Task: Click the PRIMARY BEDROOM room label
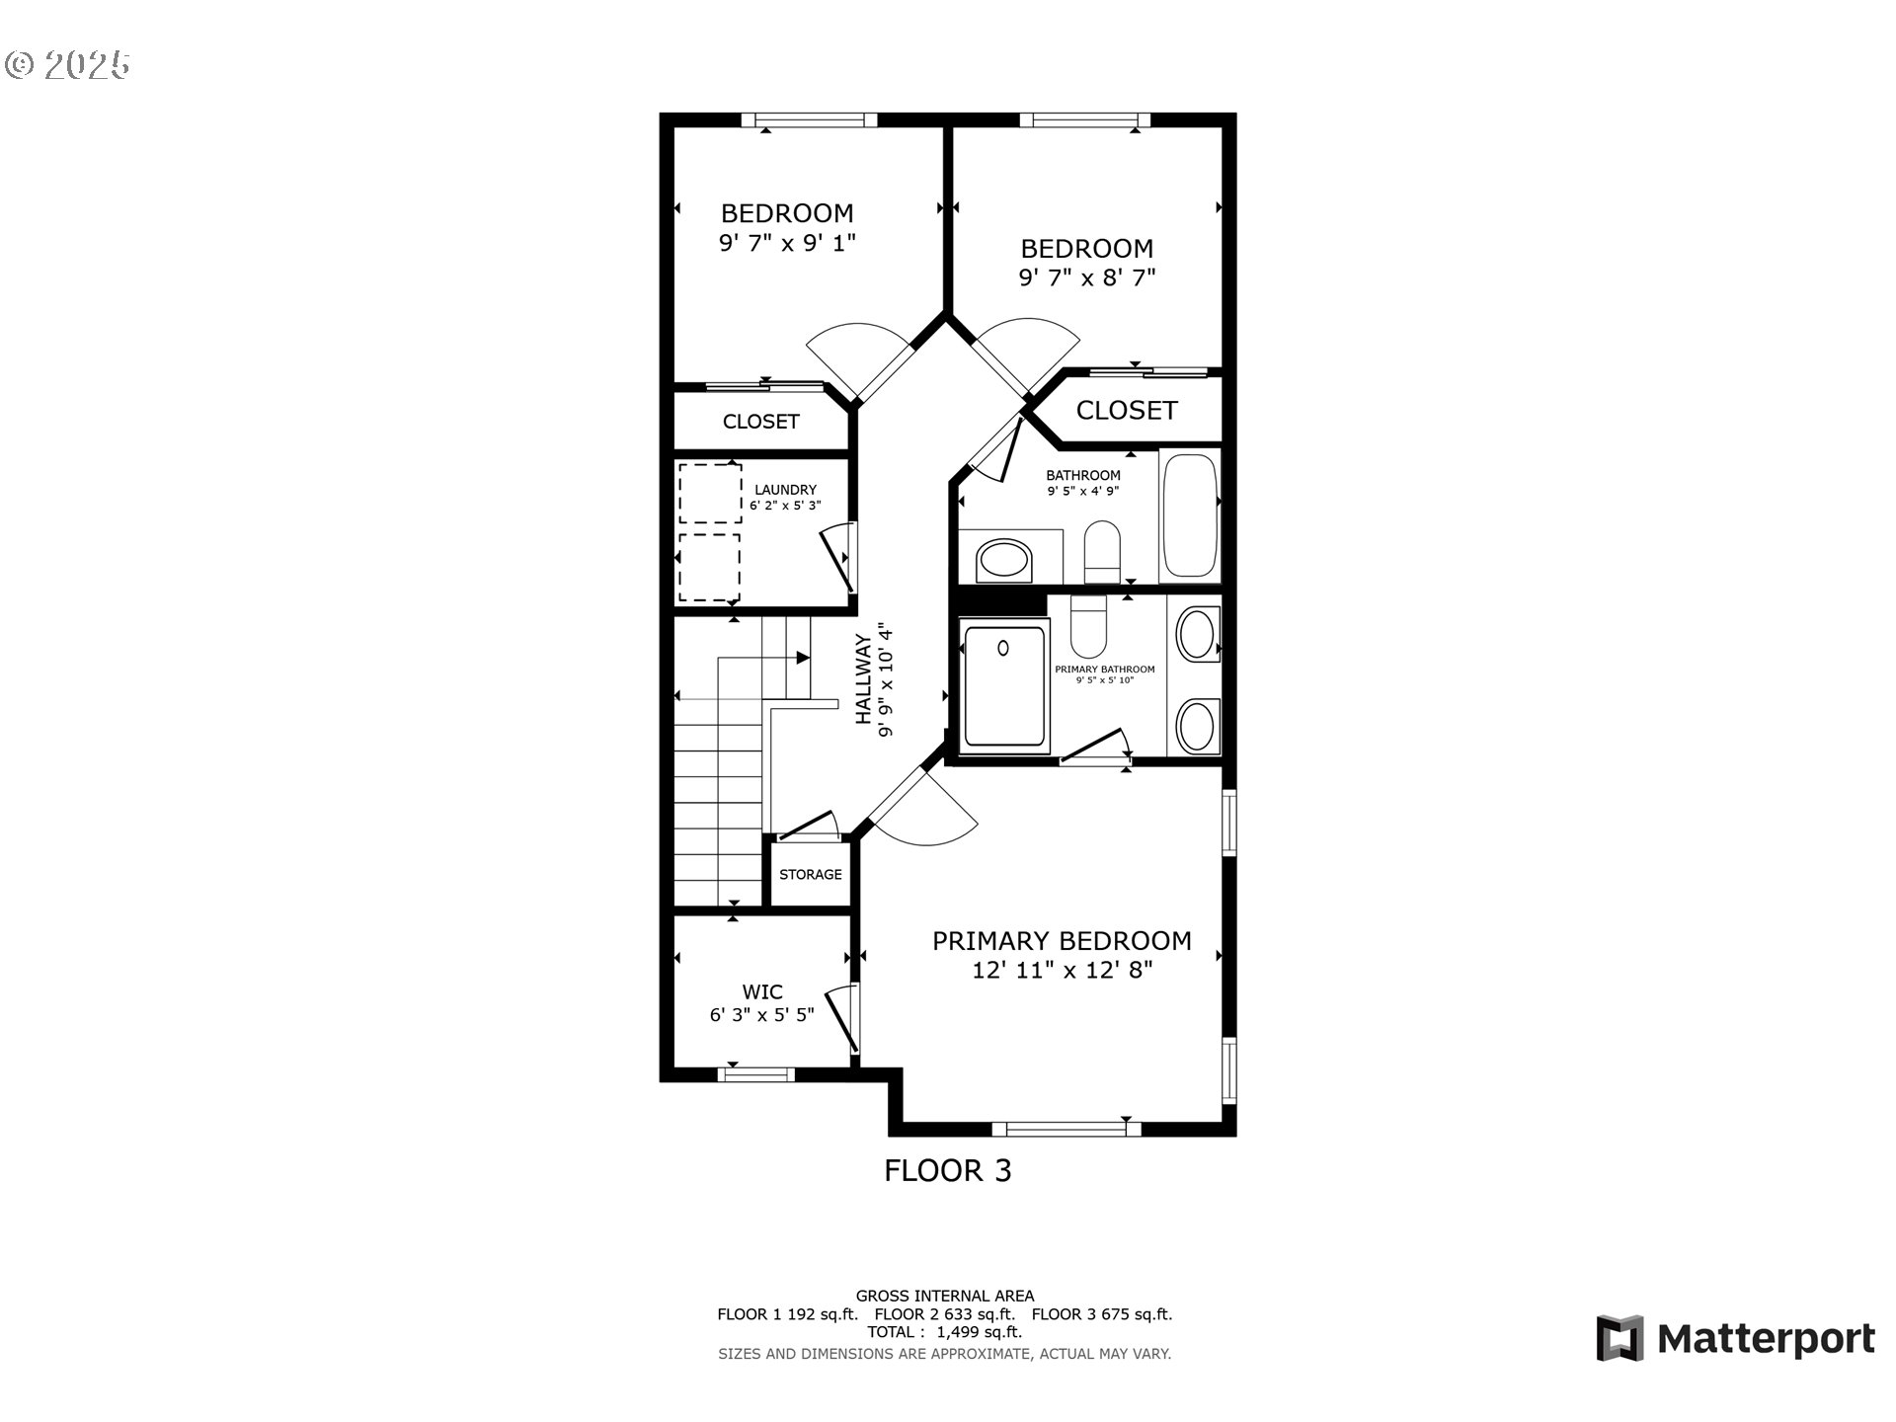(x=1062, y=941)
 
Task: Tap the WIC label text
(x=762, y=991)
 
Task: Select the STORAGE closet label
(x=810, y=875)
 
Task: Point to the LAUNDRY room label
(x=785, y=490)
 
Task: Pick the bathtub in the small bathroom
(x=1190, y=515)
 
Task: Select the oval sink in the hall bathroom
(x=1003, y=562)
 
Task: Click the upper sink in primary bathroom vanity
(x=1197, y=634)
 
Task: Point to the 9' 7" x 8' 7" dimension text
(x=1086, y=277)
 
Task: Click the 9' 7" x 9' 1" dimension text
(x=787, y=243)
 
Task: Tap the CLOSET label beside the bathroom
(x=1126, y=411)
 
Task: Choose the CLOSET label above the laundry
(x=760, y=422)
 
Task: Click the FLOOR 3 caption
(x=947, y=1171)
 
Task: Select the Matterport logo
(x=1735, y=1339)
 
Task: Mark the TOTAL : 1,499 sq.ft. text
(x=944, y=1332)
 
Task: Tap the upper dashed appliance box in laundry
(x=710, y=494)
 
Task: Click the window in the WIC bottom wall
(x=755, y=1074)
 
